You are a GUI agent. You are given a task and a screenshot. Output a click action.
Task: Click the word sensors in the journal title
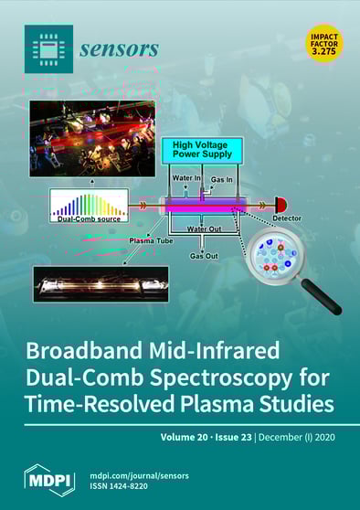[121, 48]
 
